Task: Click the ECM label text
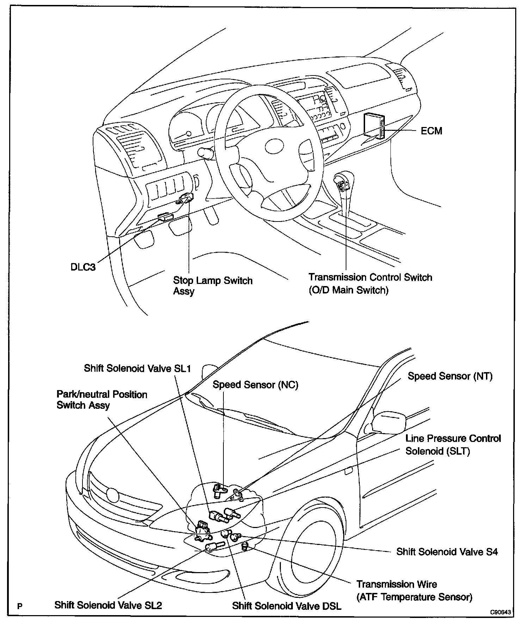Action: [x=431, y=131]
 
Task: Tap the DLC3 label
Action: [x=83, y=267]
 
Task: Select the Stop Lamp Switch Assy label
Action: [x=212, y=286]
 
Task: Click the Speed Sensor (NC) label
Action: [x=255, y=385]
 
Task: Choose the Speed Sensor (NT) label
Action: [x=450, y=376]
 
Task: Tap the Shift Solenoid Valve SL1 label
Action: [x=137, y=368]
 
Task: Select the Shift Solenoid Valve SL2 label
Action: [x=108, y=605]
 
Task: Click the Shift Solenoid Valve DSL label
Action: [x=286, y=606]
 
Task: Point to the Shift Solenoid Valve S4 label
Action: [x=447, y=552]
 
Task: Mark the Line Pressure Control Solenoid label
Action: [x=453, y=445]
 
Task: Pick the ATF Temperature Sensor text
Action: [x=414, y=597]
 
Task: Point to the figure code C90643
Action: [x=500, y=612]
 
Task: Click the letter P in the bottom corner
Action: [x=20, y=606]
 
